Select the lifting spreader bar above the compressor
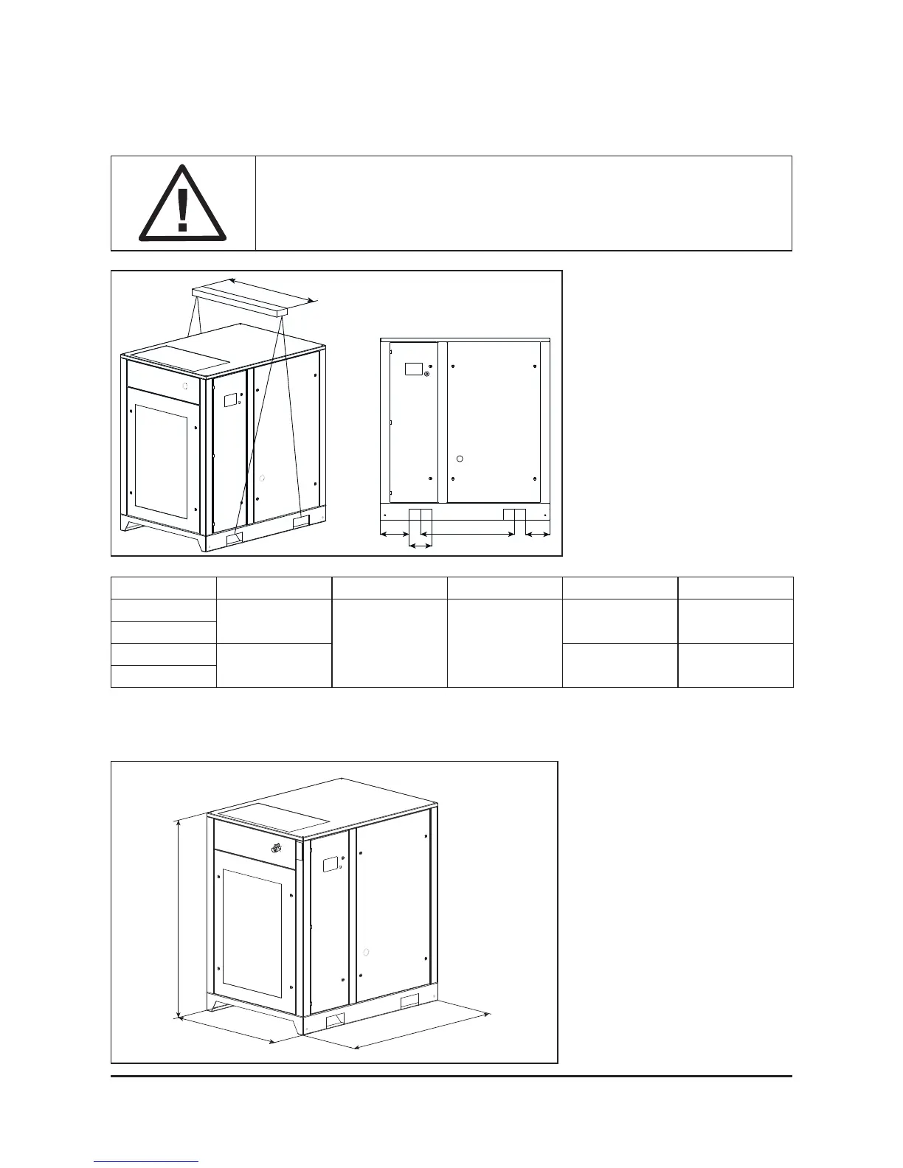tap(238, 303)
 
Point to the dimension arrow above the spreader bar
tap(272, 290)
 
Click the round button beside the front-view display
tap(426, 373)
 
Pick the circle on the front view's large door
tap(460, 459)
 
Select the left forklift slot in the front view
tap(421, 515)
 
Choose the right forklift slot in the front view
tap(514, 515)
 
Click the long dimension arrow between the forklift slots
tap(467, 533)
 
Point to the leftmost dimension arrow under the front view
tap(394, 533)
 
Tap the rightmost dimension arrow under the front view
tap(537, 533)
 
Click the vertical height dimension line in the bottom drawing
tap(179, 917)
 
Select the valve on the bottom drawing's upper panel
tap(276, 848)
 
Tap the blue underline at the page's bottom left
tap(146, 1161)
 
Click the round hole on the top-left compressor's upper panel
tap(185, 386)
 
